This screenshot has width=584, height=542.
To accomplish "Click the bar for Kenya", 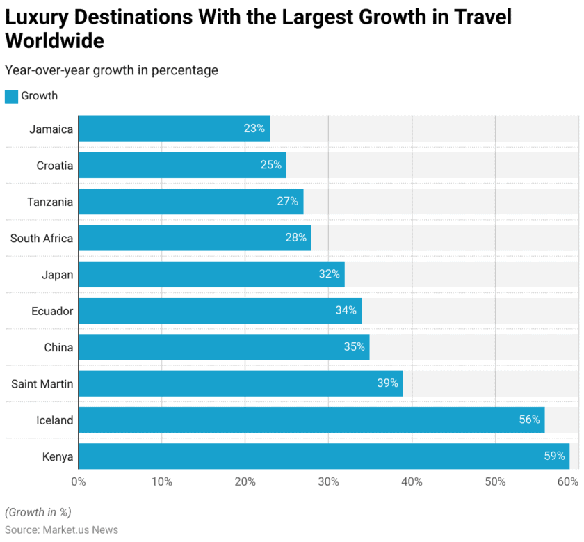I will [x=323, y=456].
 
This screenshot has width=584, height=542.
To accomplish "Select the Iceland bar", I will [x=311, y=420].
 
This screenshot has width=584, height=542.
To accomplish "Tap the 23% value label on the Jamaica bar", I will [x=254, y=129].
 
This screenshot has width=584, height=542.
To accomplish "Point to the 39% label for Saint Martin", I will [x=387, y=383].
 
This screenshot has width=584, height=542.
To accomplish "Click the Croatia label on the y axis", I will [x=54, y=166].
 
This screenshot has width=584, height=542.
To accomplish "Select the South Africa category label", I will [x=41, y=238].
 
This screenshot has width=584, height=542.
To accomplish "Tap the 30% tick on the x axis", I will [x=328, y=481].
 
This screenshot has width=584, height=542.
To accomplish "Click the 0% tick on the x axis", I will [x=79, y=481].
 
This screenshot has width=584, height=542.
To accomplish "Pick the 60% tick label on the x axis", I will [x=568, y=481].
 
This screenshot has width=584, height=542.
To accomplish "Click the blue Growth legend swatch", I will [x=11, y=96].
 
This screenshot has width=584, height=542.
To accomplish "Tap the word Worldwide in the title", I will [x=55, y=41].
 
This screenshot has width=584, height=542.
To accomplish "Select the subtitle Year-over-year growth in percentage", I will [x=111, y=70].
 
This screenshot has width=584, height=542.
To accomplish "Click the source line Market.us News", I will [x=61, y=529].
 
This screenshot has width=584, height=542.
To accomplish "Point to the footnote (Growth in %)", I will [x=38, y=512].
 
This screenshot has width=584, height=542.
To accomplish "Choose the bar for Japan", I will [x=211, y=274].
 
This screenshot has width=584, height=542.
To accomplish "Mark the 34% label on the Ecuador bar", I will [x=346, y=310].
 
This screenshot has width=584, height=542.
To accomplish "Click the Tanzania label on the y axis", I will [x=50, y=202].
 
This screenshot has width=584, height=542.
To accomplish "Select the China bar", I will [x=224, y=347].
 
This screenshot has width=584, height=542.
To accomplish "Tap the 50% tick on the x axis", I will [x=495, y=481].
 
